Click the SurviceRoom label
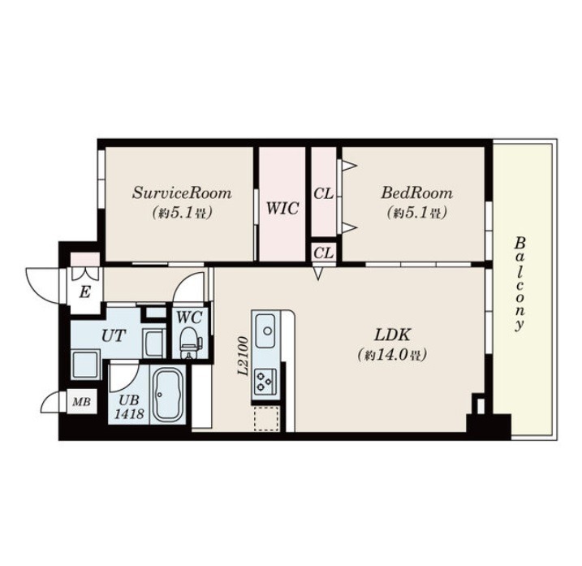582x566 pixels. tap(182, 193)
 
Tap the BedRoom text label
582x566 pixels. tap(417, 193)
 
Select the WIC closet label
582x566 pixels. tap(282, 209)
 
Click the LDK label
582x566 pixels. tap(392, 335)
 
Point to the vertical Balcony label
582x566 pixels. tap(519, 283)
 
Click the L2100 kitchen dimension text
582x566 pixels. tap(243, 356)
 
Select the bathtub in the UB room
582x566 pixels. tap(168, 395)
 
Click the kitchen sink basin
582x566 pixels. tap(265, 330)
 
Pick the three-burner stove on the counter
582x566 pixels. tap(265, 382)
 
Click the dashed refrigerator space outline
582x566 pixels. tap(266, 418)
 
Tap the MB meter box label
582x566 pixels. tap(81, 401)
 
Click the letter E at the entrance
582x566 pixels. tap(85, 292)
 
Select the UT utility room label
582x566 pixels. tap(114, 336)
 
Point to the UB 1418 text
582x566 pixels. tap(129, 407)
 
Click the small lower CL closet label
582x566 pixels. tap(324, 253)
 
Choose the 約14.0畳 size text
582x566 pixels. tap(392, 355)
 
